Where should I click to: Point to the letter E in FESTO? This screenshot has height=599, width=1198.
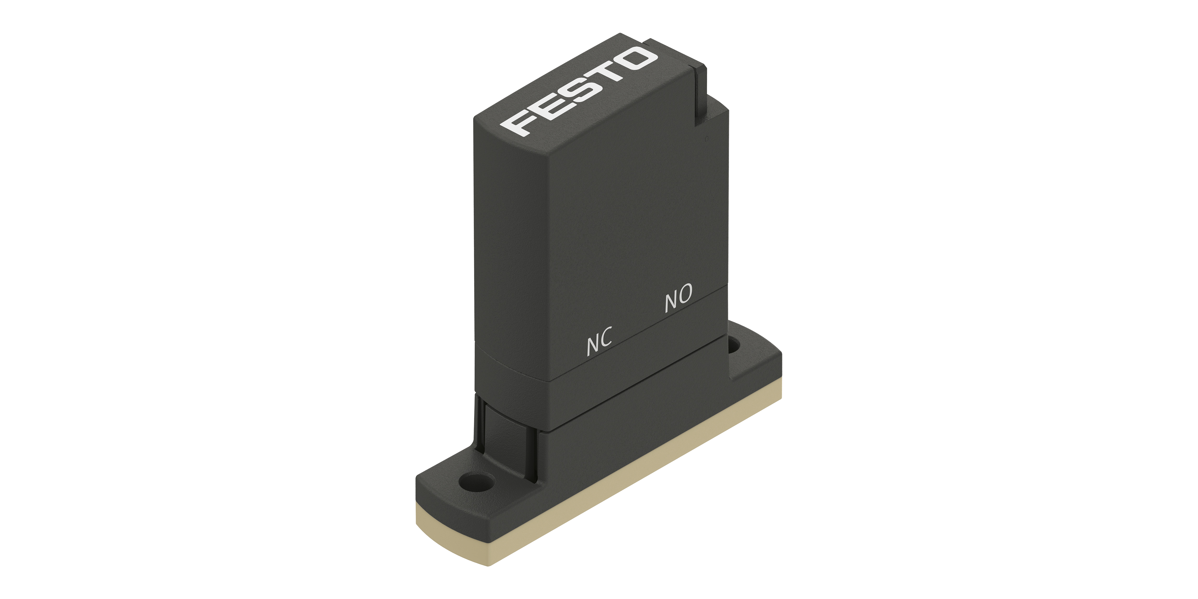pyautogui.click(x=547, y=106)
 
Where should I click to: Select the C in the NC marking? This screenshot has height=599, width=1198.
pyautogui.click(x=606, y=337)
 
